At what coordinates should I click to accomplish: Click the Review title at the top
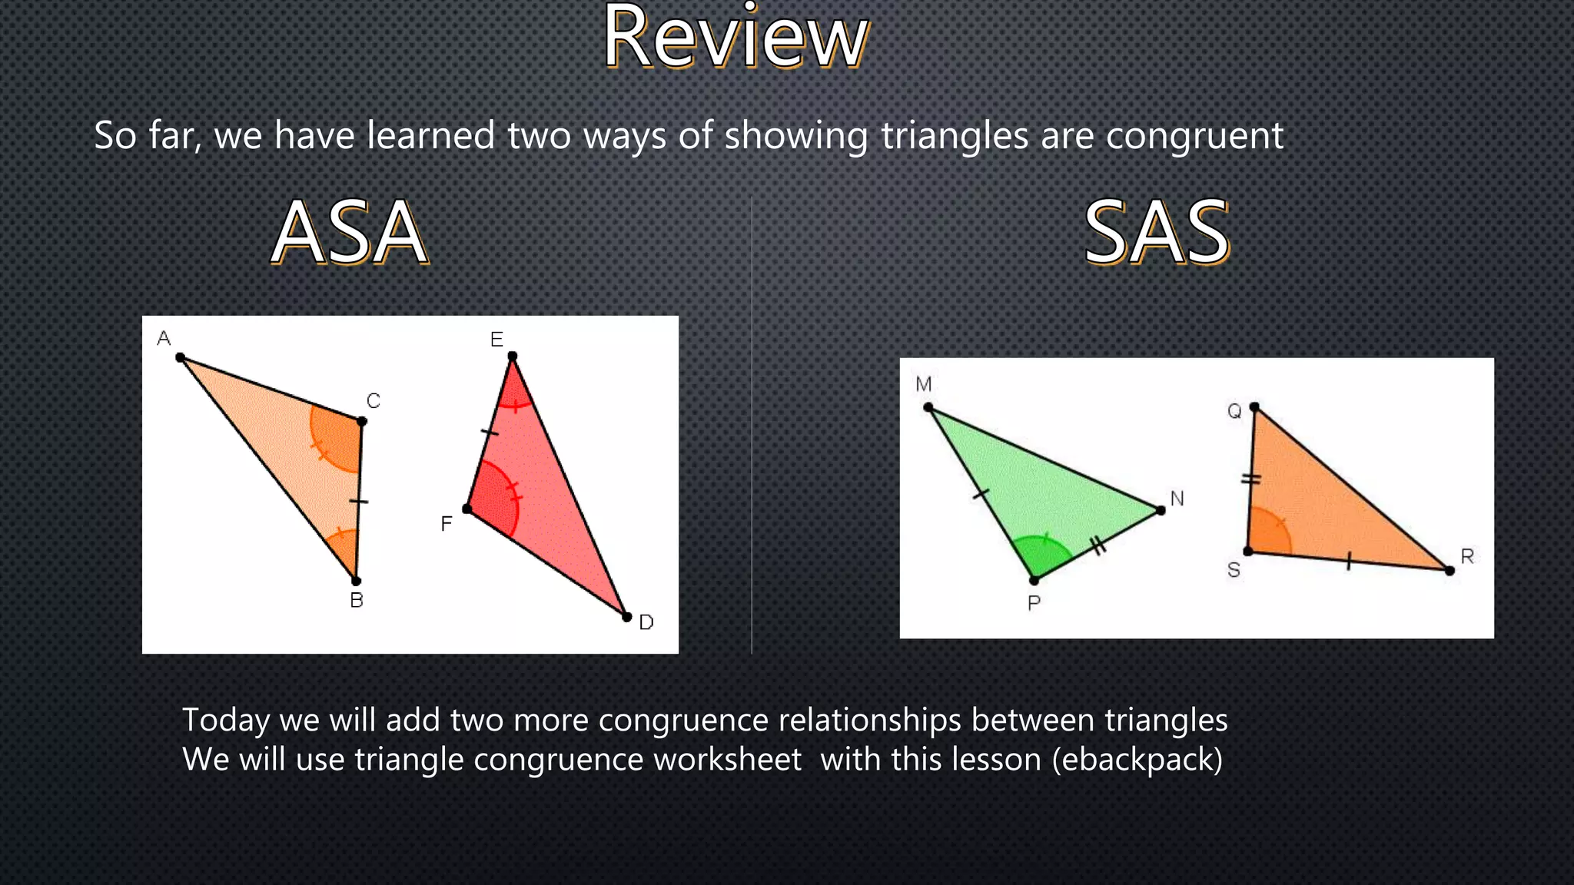(736, 38)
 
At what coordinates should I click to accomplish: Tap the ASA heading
(350, 232)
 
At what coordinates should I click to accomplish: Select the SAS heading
(1157, 232)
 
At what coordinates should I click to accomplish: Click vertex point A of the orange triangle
(181, 357)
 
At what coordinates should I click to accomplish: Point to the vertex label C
(374, 401)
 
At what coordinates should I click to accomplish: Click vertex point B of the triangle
(356, 581)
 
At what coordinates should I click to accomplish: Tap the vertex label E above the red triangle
(496, 340)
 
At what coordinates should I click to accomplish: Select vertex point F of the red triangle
(467, 509)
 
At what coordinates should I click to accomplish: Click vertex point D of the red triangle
(626, 616)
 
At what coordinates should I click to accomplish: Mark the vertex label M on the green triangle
(924, 384)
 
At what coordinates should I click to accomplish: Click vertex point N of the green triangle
(1161, 510)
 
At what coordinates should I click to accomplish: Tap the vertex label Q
(1234, 411)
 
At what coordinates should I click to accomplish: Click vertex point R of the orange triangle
(1449, 570)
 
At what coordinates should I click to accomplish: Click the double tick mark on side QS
(1251, 479)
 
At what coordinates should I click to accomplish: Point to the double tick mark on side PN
(1099, 546)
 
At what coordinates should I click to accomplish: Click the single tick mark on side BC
(359, 502)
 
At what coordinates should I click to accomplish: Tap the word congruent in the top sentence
(1194, 136)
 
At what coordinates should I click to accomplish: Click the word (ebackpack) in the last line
(1137, 760)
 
